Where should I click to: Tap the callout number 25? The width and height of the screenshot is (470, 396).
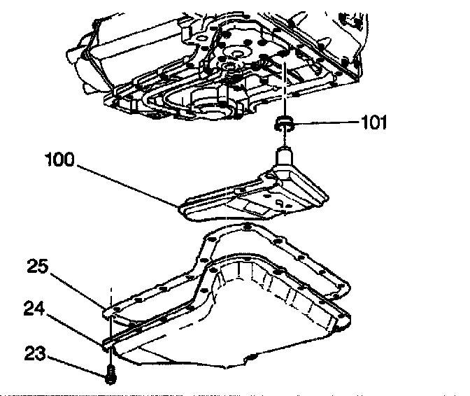point(38,266)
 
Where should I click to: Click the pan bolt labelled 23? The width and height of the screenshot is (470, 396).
point(110,376)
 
